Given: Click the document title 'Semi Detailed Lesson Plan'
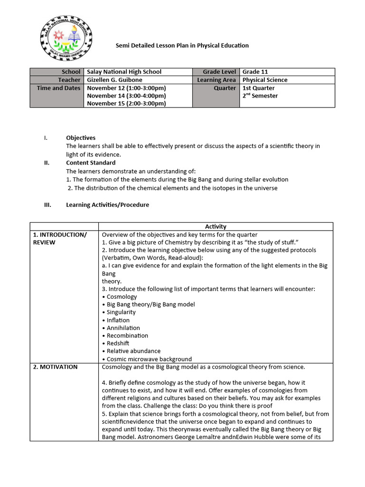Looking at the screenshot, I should (x=182, y=46).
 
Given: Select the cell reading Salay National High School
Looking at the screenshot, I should (x=125, y=72).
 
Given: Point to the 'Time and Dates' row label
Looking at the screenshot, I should (x=59, y=88).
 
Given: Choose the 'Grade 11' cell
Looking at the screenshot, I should (x=255, y=72).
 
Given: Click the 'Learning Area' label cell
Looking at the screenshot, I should (x=216, y=80).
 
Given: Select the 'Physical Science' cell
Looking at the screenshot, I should (x=265, y=80).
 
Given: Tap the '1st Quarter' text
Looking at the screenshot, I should (x=259, y=88).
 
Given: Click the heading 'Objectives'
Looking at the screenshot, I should (x=81, y=138).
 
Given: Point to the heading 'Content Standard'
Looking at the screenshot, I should (x=91, y=163).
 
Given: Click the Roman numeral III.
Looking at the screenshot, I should (x=47, y=205).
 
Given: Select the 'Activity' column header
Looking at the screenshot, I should (x=215, y=226).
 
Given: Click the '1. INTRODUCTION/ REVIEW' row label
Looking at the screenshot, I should (x=59, y=238).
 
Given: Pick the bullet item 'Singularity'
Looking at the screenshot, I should (x=121, y=312).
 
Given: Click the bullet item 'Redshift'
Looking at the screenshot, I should (x=117, y=343).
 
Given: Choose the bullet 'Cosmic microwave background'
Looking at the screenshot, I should (x=149, y=359).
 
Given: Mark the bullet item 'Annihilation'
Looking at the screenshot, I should (x=123, y=328).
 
